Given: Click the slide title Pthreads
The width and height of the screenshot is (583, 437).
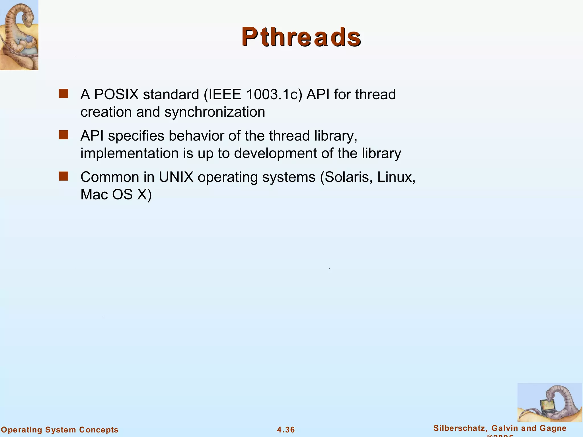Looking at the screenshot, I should coord(301,37).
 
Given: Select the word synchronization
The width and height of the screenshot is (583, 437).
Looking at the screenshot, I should coord(215,112).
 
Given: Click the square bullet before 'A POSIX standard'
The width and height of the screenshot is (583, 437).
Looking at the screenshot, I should coord(63,94).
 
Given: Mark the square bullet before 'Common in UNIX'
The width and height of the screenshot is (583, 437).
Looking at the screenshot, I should coord(63,176).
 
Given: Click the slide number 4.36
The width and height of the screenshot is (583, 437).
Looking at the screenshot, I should coord(286,430).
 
